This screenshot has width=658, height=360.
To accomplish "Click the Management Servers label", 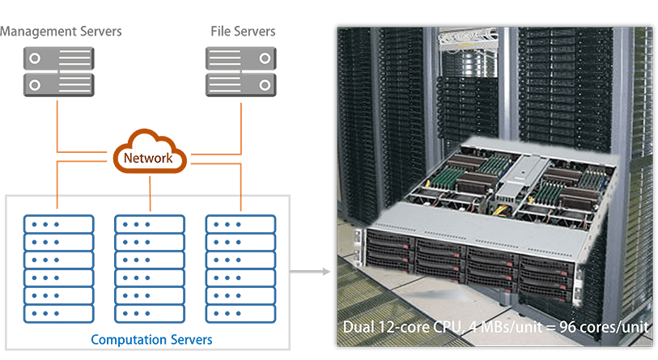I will point(61,32).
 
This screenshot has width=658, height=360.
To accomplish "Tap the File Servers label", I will point(243,32).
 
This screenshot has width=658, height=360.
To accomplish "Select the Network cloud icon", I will point(150,150).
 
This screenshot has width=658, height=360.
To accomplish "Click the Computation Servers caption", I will point(151,339).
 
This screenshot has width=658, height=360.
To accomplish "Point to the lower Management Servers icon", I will point(59,83).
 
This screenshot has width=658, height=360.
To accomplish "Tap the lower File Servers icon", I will point(241,83).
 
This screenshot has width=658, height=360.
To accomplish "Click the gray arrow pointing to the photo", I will point(311,271).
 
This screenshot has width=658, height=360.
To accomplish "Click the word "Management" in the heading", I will point(36,32).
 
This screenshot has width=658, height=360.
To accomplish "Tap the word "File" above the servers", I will point(221,32).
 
